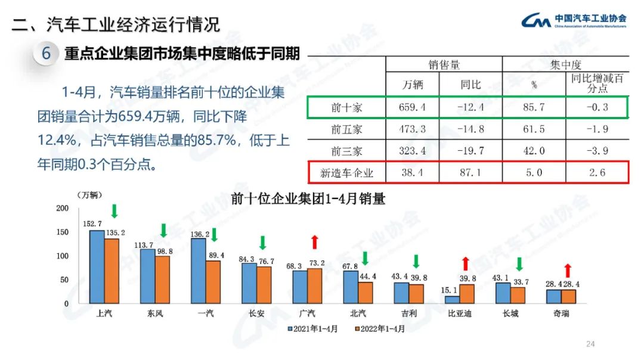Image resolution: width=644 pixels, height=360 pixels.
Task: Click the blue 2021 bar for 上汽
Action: (x=97, y=266)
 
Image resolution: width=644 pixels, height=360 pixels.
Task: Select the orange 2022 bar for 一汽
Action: (x=213, y=282)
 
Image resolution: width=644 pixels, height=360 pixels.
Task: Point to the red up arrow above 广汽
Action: (x=315, y=241)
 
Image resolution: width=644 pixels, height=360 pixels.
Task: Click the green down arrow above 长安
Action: (x=262, y=243)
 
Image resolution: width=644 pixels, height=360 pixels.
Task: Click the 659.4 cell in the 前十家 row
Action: (x=412, y=107)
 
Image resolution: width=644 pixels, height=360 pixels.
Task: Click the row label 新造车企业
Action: (x=346, y=173)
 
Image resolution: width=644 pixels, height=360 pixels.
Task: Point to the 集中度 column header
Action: (x=566, y=65)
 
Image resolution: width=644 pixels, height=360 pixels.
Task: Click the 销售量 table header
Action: (x=444, y=65)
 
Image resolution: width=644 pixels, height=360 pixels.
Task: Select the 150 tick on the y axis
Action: (x=63, y=232)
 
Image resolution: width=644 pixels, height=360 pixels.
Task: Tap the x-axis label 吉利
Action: (x=408, y=314)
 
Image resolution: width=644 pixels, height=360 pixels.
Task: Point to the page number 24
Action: (x=591, y=344)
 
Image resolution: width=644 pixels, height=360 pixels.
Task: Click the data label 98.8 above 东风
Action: (x=164, y=252)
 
